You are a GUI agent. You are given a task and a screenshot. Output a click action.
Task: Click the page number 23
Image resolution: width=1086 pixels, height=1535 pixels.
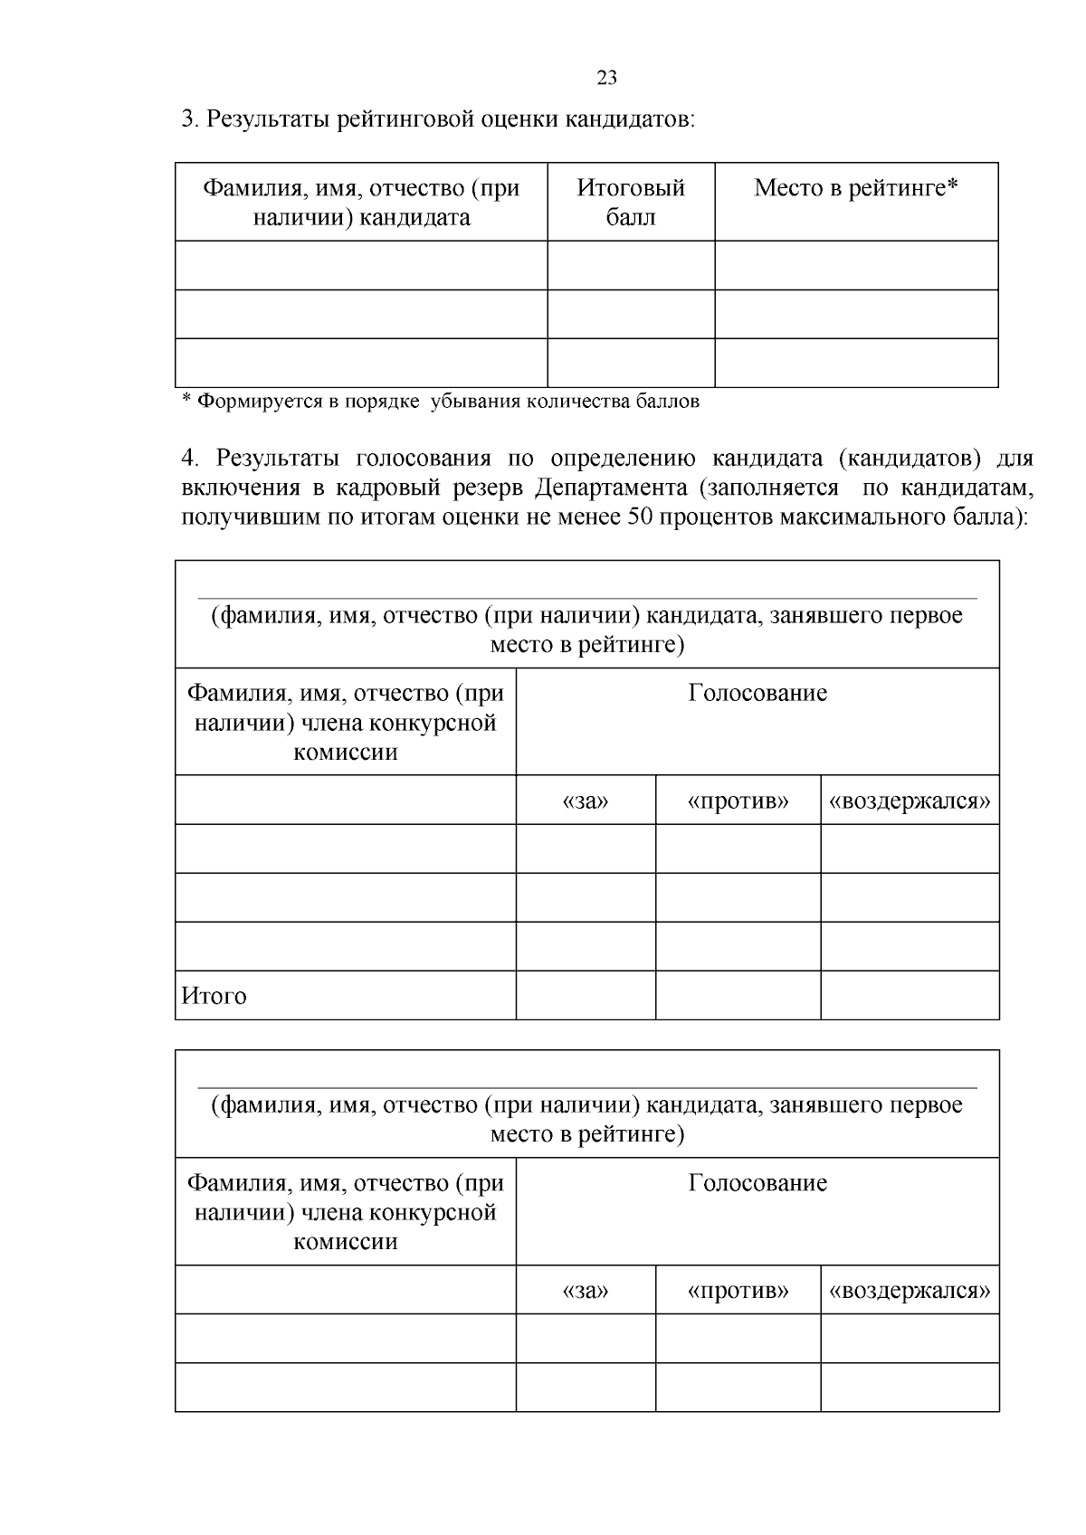click(606, 78)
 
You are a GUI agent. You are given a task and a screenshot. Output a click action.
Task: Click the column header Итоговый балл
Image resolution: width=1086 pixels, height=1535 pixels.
click(631, 203)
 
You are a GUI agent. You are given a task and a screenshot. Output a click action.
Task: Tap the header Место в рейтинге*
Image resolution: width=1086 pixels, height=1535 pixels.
click(856, 188)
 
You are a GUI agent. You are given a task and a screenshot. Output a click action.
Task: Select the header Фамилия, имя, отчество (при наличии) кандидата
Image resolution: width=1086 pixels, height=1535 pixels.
click(361, 203)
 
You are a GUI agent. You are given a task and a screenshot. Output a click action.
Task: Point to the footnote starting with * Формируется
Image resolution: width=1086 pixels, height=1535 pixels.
click(441, 401)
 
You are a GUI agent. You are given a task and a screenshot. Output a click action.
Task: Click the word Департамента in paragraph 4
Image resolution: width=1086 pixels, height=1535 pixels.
click(611, 488)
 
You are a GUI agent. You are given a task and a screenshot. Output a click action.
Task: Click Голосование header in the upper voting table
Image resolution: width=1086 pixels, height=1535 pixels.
click(757, 693)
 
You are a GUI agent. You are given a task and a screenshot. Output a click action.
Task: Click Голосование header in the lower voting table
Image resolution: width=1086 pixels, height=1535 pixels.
click(757, 1183)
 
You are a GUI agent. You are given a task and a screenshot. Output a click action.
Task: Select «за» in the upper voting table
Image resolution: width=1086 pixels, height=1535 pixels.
click(586, 801)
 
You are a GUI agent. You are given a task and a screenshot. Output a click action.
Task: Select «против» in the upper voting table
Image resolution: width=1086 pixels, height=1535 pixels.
click(738, 801)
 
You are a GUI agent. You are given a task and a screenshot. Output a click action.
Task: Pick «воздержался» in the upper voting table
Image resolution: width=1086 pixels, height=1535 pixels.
click(910, 801)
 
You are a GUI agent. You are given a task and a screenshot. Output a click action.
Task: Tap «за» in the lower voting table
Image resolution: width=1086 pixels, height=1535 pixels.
click(586, 1291)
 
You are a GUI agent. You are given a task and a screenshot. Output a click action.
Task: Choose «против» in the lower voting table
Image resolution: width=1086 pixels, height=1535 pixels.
click(738, 1291)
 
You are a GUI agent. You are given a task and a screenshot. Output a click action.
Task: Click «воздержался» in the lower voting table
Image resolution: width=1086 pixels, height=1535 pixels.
click(910, 1291)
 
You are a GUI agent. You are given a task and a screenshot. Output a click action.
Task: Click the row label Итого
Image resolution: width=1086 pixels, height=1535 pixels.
click(214, 996)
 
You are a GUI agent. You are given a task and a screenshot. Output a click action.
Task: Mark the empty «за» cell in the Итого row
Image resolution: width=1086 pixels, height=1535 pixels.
click(586, 995)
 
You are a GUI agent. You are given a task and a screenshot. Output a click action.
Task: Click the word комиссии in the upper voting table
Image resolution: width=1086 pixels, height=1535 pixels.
click(346, 753)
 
